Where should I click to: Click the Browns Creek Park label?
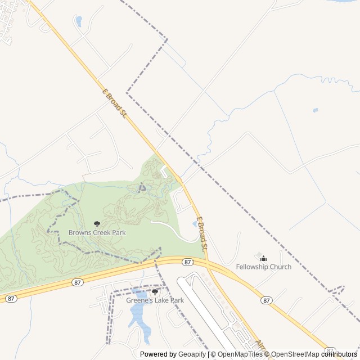pos(97,232)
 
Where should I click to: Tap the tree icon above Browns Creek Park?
pos(97,224)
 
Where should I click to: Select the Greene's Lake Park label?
pos(155,300)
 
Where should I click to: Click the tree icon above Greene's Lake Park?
pos(155,292)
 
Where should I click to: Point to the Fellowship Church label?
pos(263,267)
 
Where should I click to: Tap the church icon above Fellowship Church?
pos(263,258)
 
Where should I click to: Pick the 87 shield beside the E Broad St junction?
pos(187,262)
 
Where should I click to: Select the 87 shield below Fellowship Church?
pos(267,300)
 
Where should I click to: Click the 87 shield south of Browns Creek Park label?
pos(78,282)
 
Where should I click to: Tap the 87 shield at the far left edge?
pos(11,298)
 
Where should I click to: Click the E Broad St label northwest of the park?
pos(114,103)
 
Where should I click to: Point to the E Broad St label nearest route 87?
pos(202,233)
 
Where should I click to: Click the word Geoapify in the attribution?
pos(192,354)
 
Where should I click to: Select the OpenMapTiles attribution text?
pos(240,354)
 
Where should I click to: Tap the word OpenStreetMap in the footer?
pos(295,354)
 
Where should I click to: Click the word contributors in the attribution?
pos(339,354)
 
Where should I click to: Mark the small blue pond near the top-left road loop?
pos(79,21)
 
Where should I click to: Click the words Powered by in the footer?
pos(157,354)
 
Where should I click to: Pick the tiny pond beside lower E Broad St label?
pos(195,224)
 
